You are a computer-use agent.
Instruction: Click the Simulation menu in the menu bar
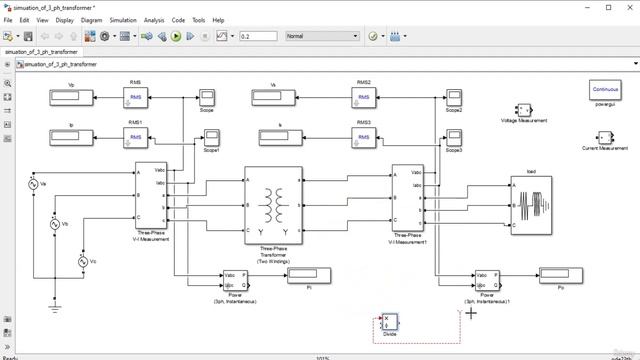123,20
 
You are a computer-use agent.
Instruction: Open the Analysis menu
154,20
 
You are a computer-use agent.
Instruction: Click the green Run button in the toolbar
176,36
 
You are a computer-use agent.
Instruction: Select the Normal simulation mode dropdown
320,36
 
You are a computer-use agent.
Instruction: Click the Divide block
390,323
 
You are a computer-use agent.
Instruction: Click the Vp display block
71,96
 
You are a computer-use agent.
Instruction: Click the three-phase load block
530,204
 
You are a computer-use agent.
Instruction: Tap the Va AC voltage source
30,185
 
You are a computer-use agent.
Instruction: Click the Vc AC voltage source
83,261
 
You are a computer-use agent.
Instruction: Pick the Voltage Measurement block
522,109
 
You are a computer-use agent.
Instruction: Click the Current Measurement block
597,137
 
